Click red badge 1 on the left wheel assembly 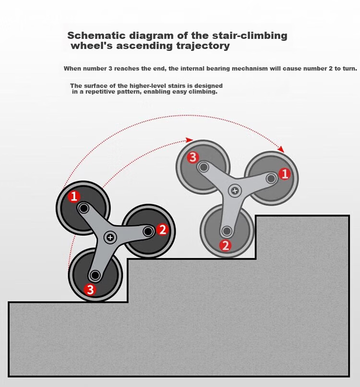[x=74, y=196]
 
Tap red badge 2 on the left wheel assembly [x=162, y=230]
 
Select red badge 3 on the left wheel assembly [x=90, y=290]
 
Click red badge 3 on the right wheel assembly [x=193, y=157]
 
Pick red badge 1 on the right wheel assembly [x=285, y=174]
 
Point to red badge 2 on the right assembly [x=226, y=246]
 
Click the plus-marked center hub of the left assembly [x=110, y=237]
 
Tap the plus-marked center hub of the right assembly [x=235, y=191]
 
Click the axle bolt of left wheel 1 [x=84, y=208]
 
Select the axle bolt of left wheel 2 [x=148, y=231]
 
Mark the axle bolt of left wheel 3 [x=95, y=275]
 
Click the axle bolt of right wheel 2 [x=227, y=231]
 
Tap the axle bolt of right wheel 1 [x=271, y=179]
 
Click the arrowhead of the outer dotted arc [x=281, y=149]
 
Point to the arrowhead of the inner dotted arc [x=189, y=140]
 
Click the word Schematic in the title [x=96, y=36]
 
